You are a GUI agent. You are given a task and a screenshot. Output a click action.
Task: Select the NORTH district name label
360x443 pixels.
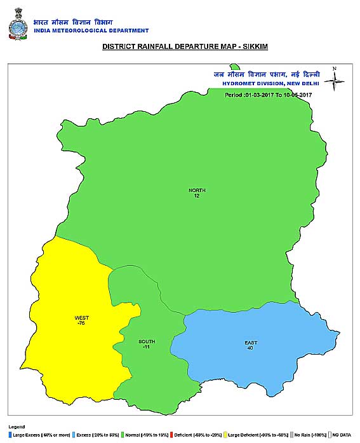pyautogui.click(x=197, y=190)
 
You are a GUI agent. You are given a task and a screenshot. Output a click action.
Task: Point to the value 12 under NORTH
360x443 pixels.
pyautogui.click(x=197, y=196)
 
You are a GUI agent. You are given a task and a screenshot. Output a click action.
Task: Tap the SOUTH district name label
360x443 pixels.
pyautogui.click(x=147, y=342)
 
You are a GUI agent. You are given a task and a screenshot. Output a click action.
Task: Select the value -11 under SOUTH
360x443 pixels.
pyautogui.click(x=147, y=348)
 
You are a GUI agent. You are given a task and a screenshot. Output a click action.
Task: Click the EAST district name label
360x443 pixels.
pyautogui.click(x=251, y=343)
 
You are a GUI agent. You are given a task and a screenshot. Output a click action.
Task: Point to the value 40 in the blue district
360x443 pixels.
pyautogui.click(x=251, y=348)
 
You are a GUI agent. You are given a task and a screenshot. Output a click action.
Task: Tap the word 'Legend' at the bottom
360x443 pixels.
pyautogui.click(x=17, y=426)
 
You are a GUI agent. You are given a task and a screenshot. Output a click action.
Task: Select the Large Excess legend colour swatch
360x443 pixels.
pyautogui.click(x=10, y=434)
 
